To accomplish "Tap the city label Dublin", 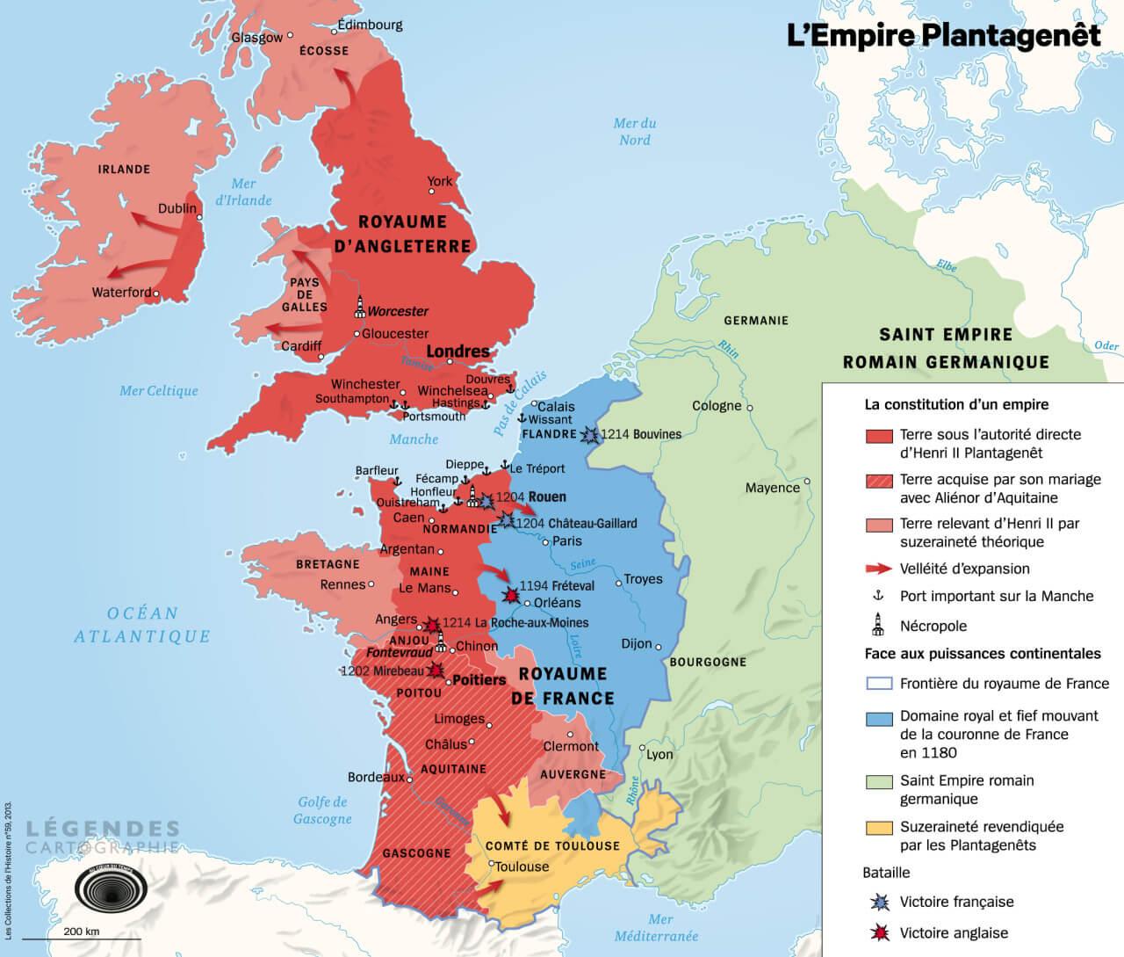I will click(x=177, y=209).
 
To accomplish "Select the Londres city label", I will click(x=458, y=352).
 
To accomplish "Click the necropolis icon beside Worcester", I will click(x=359, y=307).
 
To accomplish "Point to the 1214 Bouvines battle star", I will click(x=589, y=434).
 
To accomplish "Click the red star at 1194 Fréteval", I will click(x=508, y=595).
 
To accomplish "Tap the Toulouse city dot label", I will click(x=522, y=866).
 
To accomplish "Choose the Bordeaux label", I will click(x=376, y=778).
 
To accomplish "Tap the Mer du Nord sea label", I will click(x=635, y=132).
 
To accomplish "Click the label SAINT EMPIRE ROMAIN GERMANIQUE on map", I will click(x=946, y=348).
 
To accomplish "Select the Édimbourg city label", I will click(x=370, y=25).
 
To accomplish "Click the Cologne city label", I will click(x=717, y=406).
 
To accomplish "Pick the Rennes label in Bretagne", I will click(x=342, y=585).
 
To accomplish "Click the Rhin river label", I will click(x=727, y=347).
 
